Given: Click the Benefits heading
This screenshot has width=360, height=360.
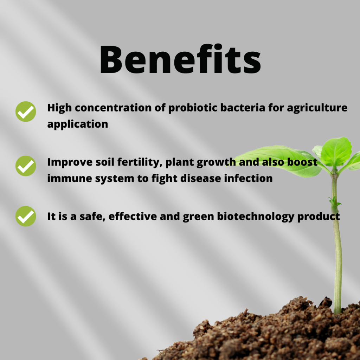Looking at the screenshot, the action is coord(180,59).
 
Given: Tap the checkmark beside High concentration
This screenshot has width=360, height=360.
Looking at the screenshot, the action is coord(26,111).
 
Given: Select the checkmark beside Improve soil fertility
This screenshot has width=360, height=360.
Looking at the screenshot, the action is coord(26,166).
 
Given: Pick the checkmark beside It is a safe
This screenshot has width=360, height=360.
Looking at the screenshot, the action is coord(26,216).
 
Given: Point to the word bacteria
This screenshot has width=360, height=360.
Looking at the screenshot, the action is coord(243,108).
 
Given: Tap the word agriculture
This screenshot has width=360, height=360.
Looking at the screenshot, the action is coord(317,108).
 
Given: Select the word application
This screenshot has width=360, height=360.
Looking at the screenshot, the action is coord(78,124).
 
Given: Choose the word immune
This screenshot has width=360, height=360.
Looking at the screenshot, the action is coord(70,178).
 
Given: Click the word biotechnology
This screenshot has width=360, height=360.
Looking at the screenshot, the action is coord(256,217).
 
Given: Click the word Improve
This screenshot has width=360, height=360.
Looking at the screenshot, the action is coord(70,162).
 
